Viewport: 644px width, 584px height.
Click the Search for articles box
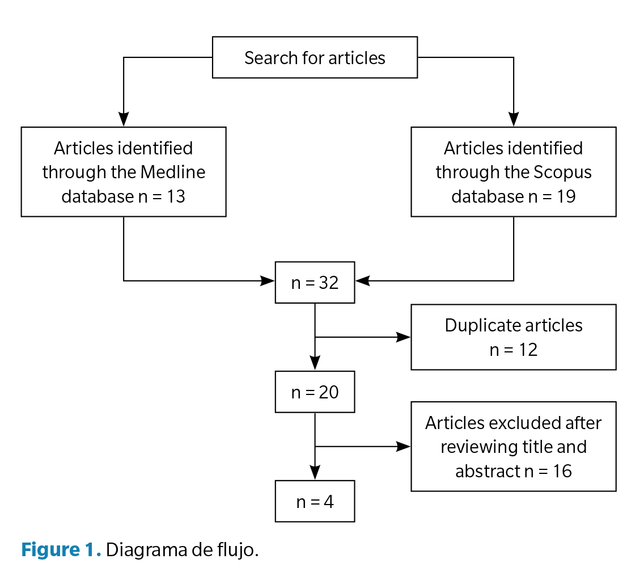click(x=315, y=57)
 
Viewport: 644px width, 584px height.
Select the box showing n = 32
click(x=315, y=283)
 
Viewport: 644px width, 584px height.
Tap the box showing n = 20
click(x=315, y=392)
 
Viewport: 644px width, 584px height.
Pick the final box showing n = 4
click(x=315, y=501)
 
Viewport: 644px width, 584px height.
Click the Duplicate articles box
click(x=513, y=337)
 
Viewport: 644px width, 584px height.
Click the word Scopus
click(x=565, y=172)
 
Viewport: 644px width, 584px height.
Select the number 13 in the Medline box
click(x=176, y=196)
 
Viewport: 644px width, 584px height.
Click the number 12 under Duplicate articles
click(x=528, y=350)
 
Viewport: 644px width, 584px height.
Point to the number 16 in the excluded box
click(x=562, y=471)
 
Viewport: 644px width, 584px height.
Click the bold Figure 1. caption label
click(x=61, y=550)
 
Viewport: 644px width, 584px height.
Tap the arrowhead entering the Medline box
click(x=124, y=119)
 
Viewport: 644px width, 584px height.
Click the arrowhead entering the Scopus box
click(x=513, y=119)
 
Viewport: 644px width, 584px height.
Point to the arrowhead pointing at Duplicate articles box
click(x=404, y=337)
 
